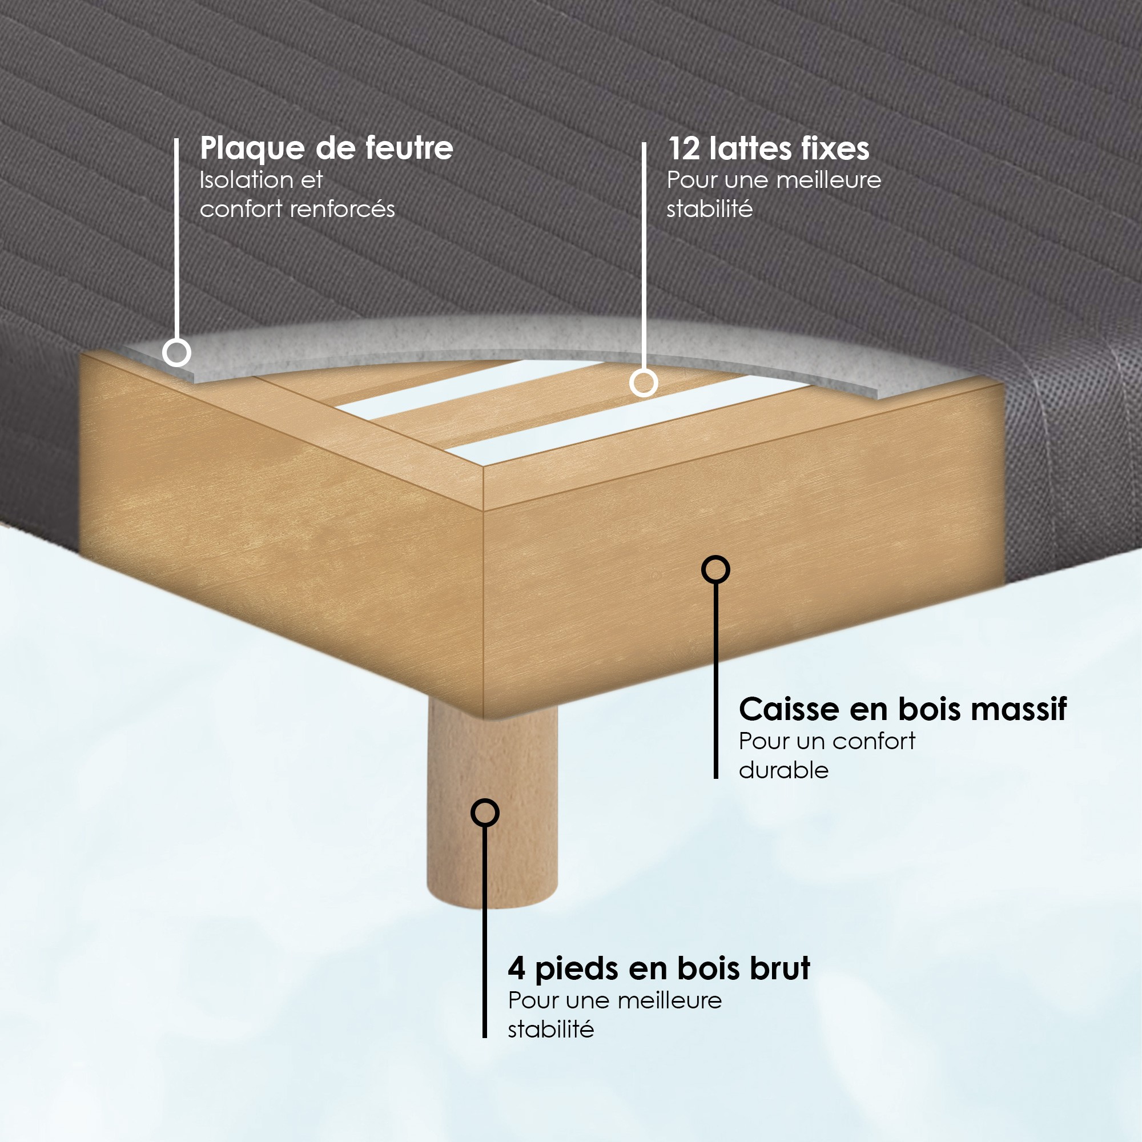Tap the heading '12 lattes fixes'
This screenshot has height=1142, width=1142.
coord(769,148)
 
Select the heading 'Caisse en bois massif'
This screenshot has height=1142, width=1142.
coord(903,709)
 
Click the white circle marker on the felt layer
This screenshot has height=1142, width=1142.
coord(176,352)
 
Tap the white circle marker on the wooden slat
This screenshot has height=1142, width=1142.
coord(644,383)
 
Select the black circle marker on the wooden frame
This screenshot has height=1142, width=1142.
coord(715,570)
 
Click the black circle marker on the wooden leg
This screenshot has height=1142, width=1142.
coord(485,813)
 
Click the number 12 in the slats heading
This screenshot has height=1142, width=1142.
coord(685,148)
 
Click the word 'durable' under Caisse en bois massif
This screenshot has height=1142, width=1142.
coord(784,770)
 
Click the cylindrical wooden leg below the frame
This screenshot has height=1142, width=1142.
coord(492,810)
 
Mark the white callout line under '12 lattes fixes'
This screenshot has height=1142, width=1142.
coord(644,255)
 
